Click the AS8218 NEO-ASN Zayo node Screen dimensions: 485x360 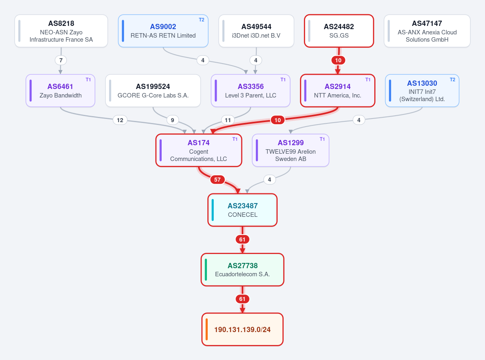pyautogui.click(x=61, y=31)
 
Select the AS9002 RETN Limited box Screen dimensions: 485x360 pyautogui.click(x=163, y=31)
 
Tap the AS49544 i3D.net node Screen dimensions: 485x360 pyautogui.click(x=256, y=31)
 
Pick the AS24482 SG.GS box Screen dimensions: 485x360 pyautogui.click(x=339, y=31)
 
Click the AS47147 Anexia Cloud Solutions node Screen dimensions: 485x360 pyautogui.click(x=427, y=31)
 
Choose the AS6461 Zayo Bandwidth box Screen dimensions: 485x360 pyautogui.click(x=60, y=91)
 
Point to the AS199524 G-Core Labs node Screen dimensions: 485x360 pyautogui.click(x=153, y=91)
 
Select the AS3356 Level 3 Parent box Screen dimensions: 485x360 pyautogui.click(x=251, y=91)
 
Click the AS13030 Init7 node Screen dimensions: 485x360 pyautogui.click(x=422, y=91)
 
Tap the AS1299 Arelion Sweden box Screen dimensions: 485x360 pyautogui.click(x=291, y=150)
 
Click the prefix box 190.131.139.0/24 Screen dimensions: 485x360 pyautogui.click(x=242, y=329)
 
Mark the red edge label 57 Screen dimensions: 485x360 pyautogui.click(x=217, y=180)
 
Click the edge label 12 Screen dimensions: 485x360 pyautogui.click(x=120, y=120)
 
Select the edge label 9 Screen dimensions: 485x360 pyautogui.click(x=173, y=120)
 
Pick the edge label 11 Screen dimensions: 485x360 pyautogui.click(x=228, y=120)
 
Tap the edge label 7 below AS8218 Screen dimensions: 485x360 pyautogui.click(x=61, y=60)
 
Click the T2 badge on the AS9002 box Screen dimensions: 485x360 pyautogui.click(x=202, y=20)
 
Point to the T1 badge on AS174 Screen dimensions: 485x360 pyautogui.click(x=235, y=139)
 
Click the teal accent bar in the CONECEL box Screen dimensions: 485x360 pyautogui.click(x=213, y=210)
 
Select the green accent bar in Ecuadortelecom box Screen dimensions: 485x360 pyautogui.click(x=206, y=270)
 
